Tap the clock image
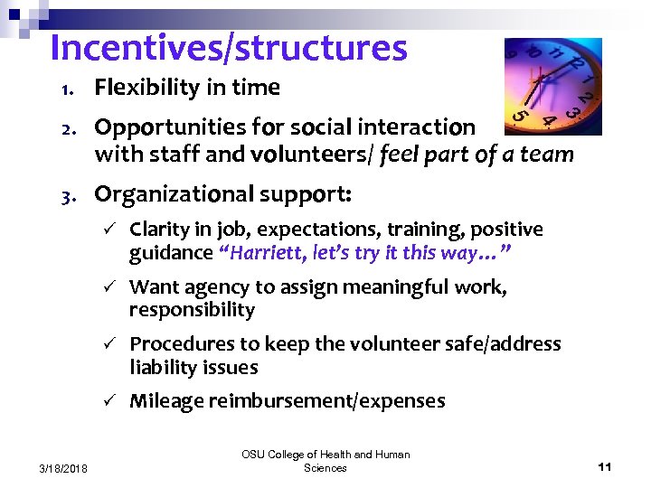(552, 86)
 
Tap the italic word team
(548, 154)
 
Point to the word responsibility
(192, 310)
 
